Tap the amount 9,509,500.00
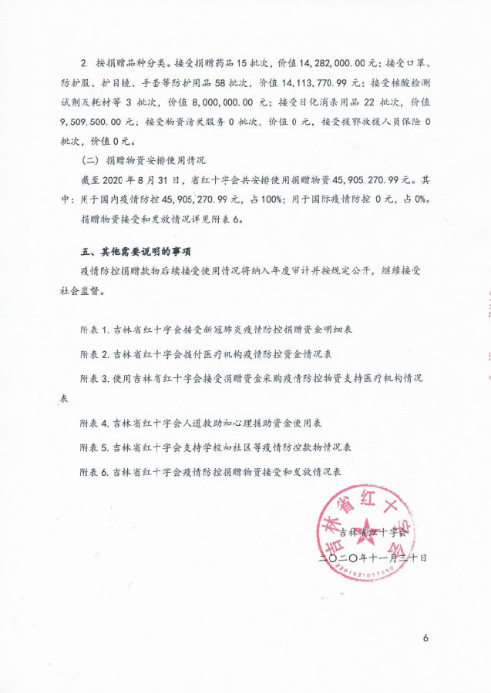[100, 122]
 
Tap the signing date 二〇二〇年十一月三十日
[373, 554]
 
